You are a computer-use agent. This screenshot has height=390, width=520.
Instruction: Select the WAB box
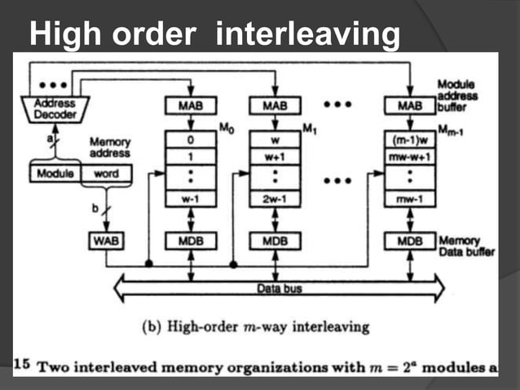coord(104,242)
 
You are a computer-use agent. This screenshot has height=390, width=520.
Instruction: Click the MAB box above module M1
coord(275,106)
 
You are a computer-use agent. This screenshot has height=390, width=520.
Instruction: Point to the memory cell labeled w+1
coord(275,154)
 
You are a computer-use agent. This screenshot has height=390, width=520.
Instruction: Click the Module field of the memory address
coord(54,174)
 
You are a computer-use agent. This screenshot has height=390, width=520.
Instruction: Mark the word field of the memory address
coord(104,174)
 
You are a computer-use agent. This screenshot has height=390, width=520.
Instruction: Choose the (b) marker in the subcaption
coord(150,328)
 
